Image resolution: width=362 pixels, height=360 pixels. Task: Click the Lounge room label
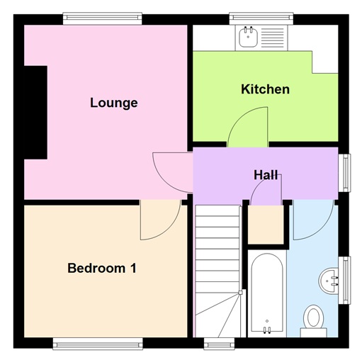coord(113,103)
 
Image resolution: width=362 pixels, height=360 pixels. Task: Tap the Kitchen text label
coord(265,89)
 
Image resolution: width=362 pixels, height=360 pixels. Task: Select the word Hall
coord(266,174)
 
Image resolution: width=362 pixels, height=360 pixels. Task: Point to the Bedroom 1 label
coord(101,269)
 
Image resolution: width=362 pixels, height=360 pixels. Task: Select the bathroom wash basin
coord(329,279)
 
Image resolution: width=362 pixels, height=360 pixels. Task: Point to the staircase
coord(217,269)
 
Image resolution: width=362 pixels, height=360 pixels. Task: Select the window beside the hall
coord(346,172)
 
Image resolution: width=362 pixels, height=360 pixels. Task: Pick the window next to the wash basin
coord(346,279)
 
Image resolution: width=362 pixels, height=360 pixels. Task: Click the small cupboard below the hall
coord(265,224)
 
